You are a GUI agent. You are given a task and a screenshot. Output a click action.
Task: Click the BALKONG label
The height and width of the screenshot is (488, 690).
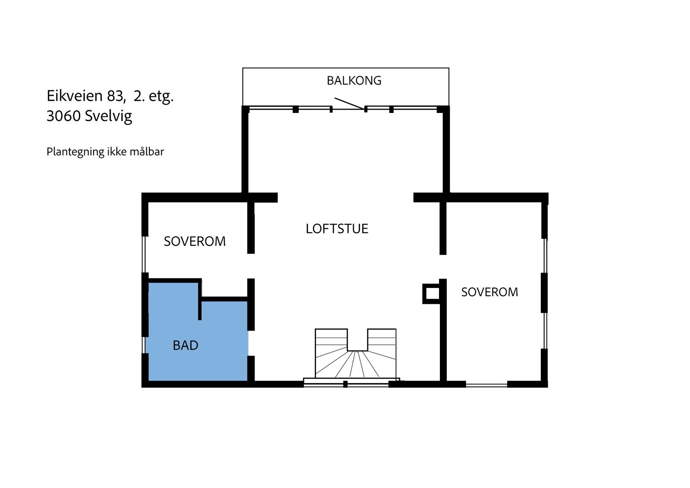pyautogui.click(x=354, y=81)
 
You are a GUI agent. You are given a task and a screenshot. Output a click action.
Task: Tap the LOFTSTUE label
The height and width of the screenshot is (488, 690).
pyautogui.click(x=337, y=228)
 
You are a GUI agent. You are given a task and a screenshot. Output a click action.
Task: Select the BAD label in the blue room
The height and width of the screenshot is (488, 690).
pyautogui.click(x=185, y=345)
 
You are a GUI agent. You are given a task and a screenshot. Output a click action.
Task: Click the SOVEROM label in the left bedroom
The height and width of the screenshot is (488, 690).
pyautogui.click(x=194, y=241)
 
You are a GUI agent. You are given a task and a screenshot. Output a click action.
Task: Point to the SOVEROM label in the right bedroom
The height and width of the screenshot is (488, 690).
pyautogui.click(x=489, y=292)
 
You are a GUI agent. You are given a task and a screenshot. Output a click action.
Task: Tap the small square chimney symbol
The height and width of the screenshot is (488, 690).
pyautogui.click(x=431, y=294)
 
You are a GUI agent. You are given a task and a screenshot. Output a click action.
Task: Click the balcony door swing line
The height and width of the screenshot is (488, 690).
pyautogui.click(x=349, y=103)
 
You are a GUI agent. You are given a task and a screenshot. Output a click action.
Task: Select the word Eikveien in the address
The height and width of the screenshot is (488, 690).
pyautogui.click(x=75, y=96)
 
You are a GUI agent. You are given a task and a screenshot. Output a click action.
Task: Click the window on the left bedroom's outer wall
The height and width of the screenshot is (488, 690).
pyautogui.click(x=144, y=254)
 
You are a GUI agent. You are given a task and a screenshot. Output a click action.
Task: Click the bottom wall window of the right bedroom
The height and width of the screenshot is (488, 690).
pyautogui.click(x=486, y=385)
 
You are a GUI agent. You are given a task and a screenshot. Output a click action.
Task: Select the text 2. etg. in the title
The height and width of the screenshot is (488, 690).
pyautogui.click(x=154, y=96)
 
